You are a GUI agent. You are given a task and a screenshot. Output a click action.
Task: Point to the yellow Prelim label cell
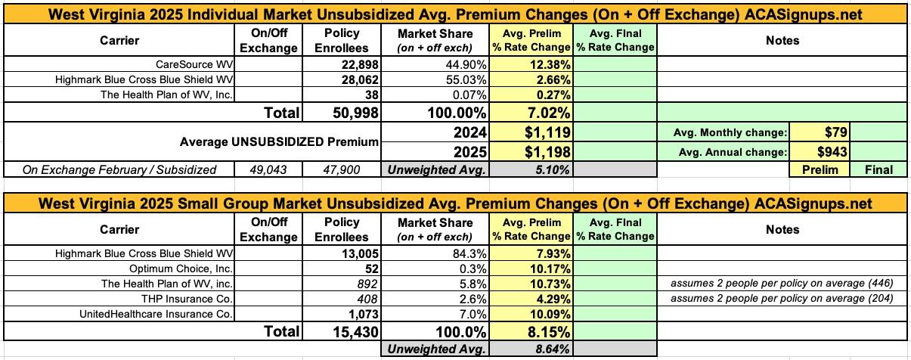(x=820, y=170)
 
